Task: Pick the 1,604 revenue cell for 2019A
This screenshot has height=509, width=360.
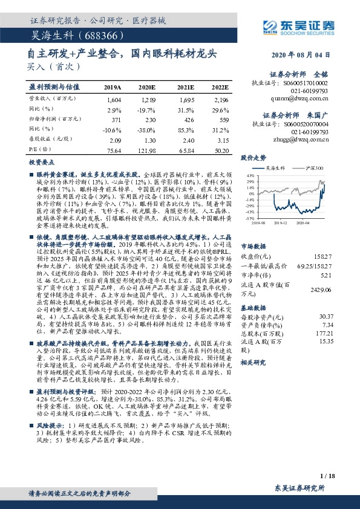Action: (x=113, y=99)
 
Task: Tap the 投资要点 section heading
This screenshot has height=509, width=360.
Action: (x=41, y=163)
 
